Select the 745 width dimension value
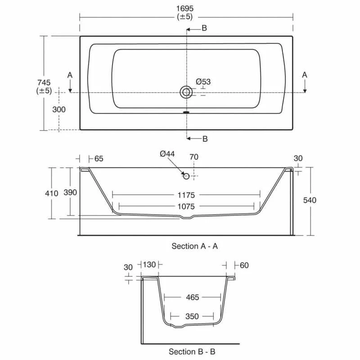pos(44,82)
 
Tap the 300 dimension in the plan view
pos(59,109)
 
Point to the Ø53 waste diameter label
pos(203,81)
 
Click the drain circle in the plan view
pos(186,92)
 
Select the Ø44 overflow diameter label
pos(167,154)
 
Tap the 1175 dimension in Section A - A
pos(186,195)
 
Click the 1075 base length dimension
pos(186,207)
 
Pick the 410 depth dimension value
pos(52,193)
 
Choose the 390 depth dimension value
pos(71,193)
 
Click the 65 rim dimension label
pos(99,158)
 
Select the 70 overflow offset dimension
pos(194,157)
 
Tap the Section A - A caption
pos(195,246)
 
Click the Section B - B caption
pos(195,351)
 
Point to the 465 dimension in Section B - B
pos(192,297)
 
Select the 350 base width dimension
pos(192,316)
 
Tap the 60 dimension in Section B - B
pos(244,265)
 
